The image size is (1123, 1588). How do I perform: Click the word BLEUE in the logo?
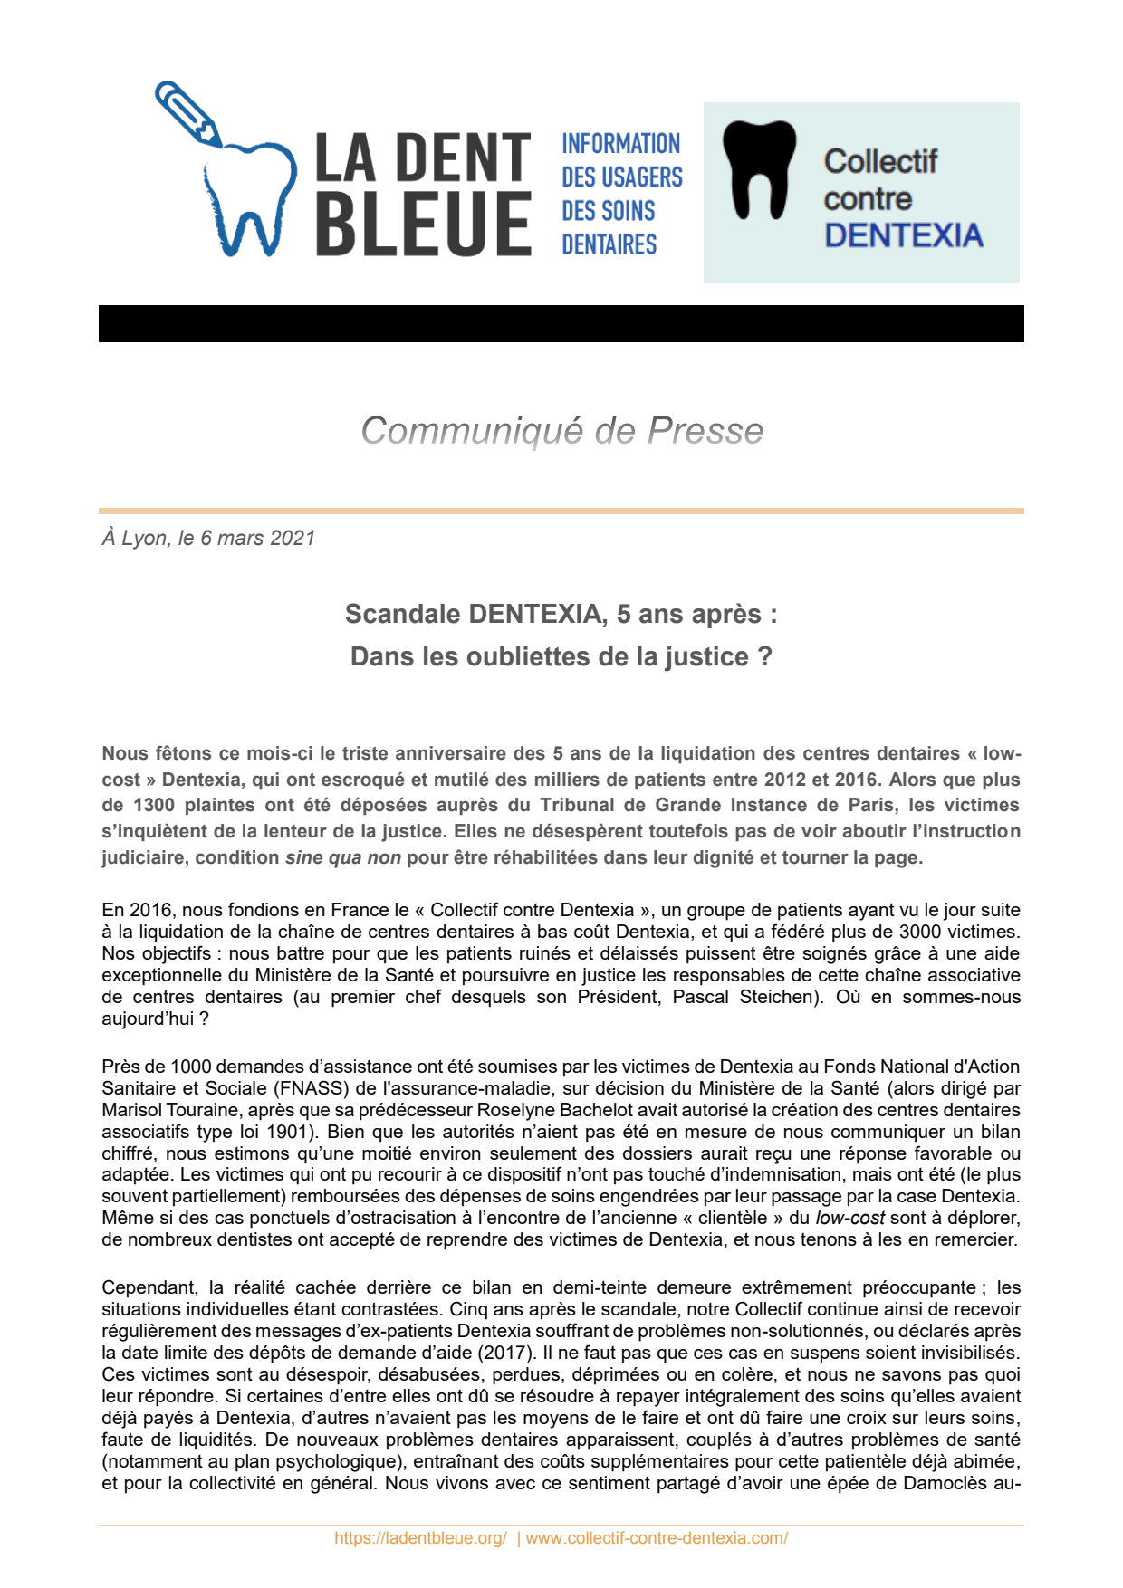(423, 223)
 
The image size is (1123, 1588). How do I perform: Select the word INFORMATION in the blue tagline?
(620, 144)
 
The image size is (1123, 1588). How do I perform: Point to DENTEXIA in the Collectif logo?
(903, 235)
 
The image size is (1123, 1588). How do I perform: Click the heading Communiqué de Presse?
(561, 431)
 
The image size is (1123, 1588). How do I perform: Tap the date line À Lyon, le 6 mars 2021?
(208, 538)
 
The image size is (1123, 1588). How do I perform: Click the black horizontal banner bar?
(561, 323)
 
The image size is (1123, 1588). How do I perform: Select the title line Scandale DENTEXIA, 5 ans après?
(561, 614)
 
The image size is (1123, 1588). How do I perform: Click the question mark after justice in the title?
(765, 656)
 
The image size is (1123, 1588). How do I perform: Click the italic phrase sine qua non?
(342, 857)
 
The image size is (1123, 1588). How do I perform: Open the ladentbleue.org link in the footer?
(420, 1538)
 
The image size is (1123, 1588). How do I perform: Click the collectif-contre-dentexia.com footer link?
(657, 1538)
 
